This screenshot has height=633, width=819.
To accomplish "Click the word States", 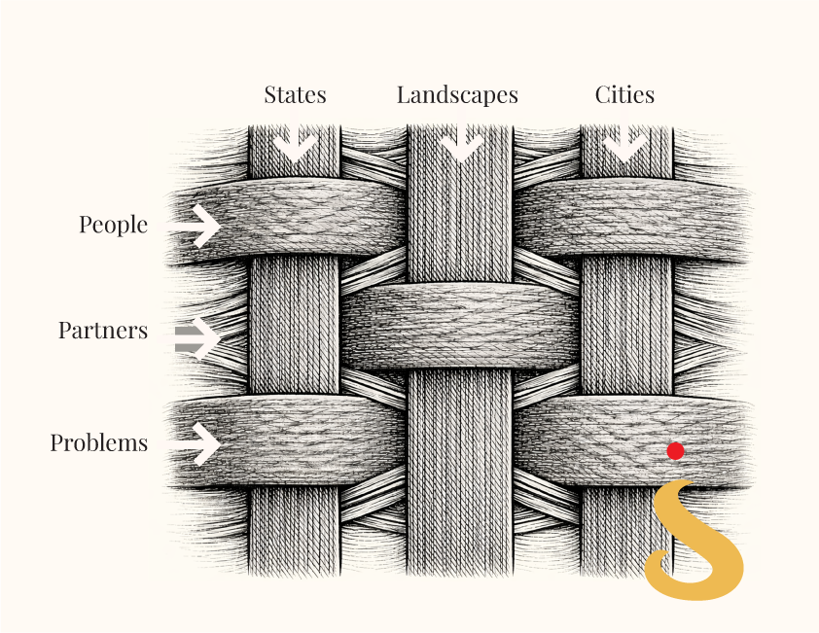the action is [295, 94].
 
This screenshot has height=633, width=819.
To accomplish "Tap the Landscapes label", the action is [457, 95].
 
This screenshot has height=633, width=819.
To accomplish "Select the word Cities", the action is [624, 94].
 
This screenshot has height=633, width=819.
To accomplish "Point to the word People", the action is [114, 226].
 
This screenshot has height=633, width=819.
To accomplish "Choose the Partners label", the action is [103, 330].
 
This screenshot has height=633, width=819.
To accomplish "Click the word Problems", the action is [98, 442].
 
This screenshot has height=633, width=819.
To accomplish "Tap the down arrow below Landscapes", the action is [460, 140].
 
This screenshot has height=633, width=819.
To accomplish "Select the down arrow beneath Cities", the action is [625, 140].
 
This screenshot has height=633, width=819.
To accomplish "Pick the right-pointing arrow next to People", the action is [194, 226].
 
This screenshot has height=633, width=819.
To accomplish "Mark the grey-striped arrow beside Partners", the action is [196, 338].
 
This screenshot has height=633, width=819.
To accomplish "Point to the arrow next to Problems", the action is [194, 444].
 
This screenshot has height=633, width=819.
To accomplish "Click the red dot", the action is [675, 451].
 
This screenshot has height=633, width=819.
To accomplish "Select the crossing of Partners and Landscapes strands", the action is [460, 327].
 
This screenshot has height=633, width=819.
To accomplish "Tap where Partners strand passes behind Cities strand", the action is [626, 327].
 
